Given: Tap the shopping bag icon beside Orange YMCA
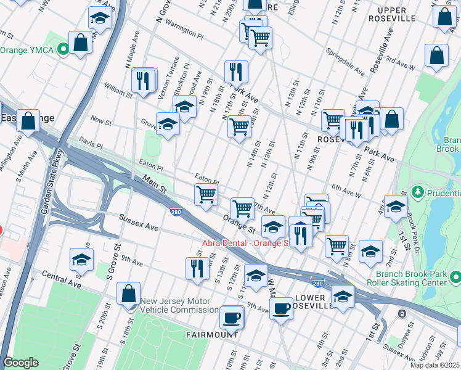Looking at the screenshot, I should click(80, 43).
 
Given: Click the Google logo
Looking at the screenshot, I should click(21, 362).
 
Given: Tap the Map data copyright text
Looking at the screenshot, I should click(434, 365).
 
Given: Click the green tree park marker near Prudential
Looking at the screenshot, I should click(417, 192).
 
